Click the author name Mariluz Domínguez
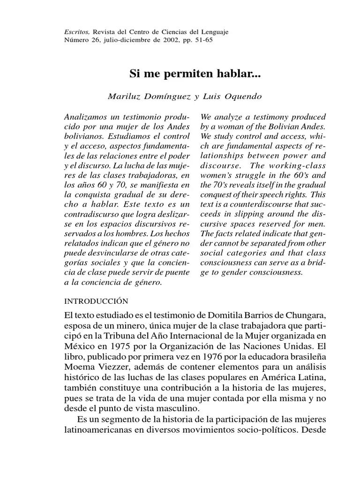tap(149, 97)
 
